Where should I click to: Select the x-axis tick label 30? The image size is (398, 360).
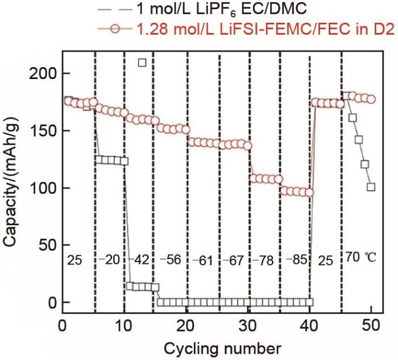pos(248,326)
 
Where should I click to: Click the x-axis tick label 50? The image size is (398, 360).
pos(371,326)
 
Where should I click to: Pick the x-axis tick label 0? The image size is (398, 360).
pos(63,326)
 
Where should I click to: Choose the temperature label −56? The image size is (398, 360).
pos(169,260)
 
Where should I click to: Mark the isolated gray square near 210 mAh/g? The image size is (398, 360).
pos(143,63)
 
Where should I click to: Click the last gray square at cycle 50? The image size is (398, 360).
pos(371,187)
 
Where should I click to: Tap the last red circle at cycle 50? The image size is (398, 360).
pos(371,100)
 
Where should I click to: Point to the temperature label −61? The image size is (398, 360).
pos(201,260)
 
